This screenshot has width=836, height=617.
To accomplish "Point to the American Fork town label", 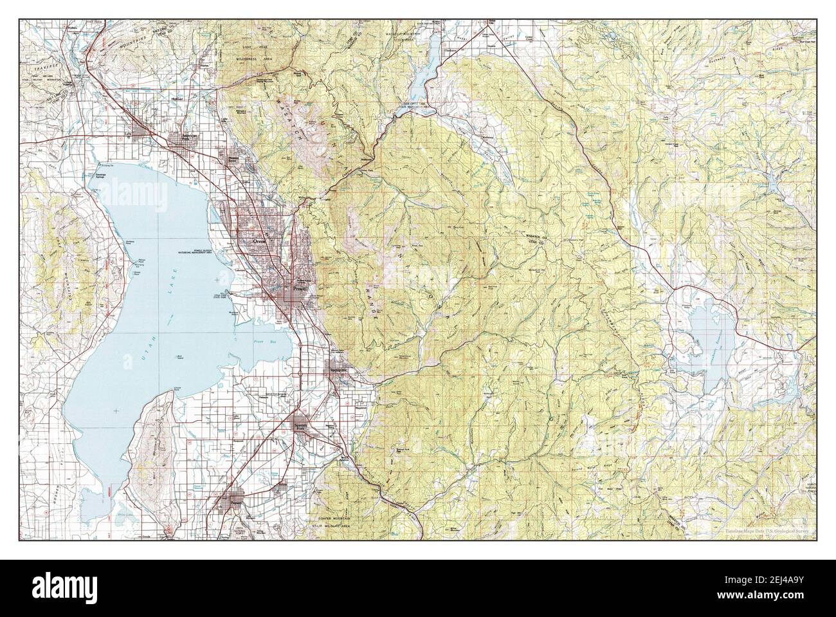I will [192, 136].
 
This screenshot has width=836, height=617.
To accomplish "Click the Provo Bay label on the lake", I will [261, 342].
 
